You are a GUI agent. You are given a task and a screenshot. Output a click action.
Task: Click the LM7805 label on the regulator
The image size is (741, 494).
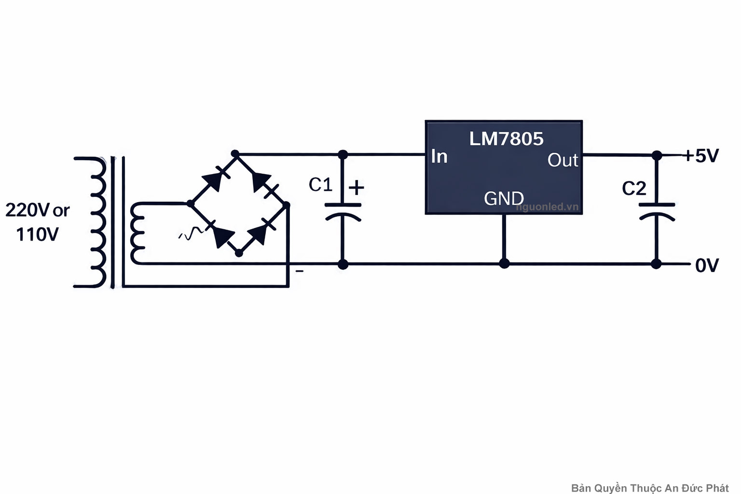coord(506,139)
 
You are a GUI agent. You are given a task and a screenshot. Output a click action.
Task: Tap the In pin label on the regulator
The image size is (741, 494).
coord(439,156)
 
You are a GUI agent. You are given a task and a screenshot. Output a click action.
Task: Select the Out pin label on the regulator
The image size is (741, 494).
coord(563,160)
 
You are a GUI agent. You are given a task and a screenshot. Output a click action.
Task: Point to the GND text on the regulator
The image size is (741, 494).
coord(504,198)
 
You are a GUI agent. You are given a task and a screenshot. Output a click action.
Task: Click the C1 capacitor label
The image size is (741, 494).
coord(320,185)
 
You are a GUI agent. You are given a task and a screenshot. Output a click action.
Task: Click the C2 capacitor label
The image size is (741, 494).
coord(634,189)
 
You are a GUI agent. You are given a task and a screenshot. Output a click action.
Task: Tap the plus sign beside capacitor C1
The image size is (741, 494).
coord(356,188)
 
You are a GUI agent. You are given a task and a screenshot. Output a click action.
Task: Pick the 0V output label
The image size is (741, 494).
coord(707,265)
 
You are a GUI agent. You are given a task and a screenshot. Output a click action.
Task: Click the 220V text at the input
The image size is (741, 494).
coord(27,210)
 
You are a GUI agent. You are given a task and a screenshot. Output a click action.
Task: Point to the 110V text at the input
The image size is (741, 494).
coord(37,235)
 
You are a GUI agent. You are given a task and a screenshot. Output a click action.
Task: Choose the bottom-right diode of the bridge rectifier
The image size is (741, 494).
coord(260,233)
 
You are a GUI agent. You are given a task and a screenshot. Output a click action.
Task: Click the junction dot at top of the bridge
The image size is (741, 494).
coord(235,154)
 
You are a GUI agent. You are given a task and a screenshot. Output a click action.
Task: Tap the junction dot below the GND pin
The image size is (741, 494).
coord(504,263)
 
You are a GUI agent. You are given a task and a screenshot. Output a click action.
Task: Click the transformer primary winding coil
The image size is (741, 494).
coord(96,222)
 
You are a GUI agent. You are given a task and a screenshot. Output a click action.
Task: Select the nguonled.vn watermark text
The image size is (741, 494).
coord(547,207)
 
